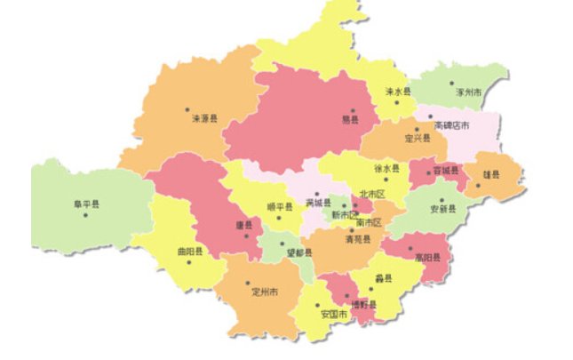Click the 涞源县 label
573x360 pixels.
click(205, 117)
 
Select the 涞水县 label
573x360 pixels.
click(398, 92)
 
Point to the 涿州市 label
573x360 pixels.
click(468, 92)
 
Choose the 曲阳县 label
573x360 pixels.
click(188, 252)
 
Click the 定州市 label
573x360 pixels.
click(265, 291)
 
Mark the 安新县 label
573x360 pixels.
click(442, 210)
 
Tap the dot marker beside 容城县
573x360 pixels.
click(426, 172)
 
